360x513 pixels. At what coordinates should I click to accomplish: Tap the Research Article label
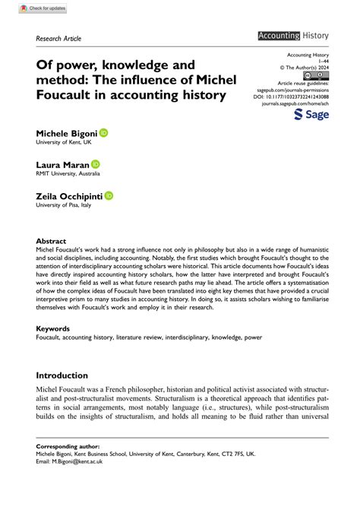[x=58, y=38]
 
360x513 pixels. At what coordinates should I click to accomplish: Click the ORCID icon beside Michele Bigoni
[x=104, y=132]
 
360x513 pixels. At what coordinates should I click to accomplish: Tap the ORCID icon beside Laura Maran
[x=96, y=163]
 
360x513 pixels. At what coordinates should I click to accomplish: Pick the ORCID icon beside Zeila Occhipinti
[x=109, y=195]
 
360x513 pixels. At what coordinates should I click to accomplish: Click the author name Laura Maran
[x=62, y=164]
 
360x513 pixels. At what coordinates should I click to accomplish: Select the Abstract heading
[x=51, y=241]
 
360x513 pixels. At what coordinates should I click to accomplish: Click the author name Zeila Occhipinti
[x=69, y=196]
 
